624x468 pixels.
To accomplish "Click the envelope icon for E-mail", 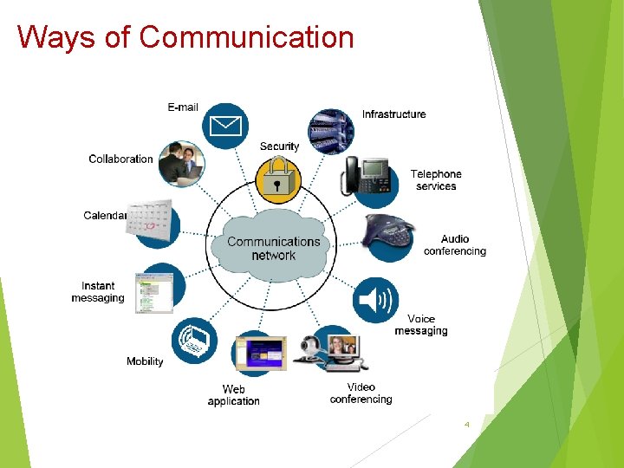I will point(224,127).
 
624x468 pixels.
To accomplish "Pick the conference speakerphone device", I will point(391,233).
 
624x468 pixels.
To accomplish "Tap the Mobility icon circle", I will point(194,341).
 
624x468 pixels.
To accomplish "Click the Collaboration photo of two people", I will point(183,161).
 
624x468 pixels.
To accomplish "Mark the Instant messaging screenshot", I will point(153,291).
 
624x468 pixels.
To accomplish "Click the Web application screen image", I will point(258,354).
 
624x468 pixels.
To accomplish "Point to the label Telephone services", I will point(436,180).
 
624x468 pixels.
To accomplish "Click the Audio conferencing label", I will point(454,245).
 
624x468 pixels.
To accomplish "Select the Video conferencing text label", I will point(361,393).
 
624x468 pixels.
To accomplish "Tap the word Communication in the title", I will point(246,37).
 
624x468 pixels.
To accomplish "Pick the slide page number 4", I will point(466,425).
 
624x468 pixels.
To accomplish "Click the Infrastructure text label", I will point(393,114).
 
